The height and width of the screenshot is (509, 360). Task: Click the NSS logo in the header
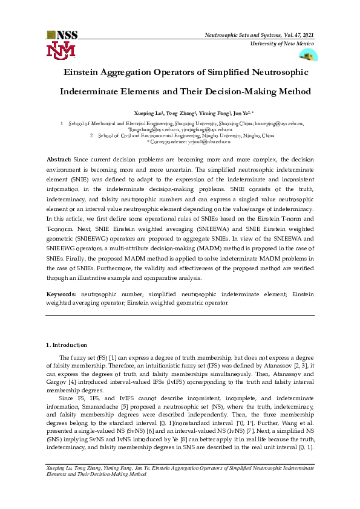[62, 35]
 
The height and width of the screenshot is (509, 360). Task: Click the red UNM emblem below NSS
[62, 50]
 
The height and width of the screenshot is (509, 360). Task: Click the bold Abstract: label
[59, 158]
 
